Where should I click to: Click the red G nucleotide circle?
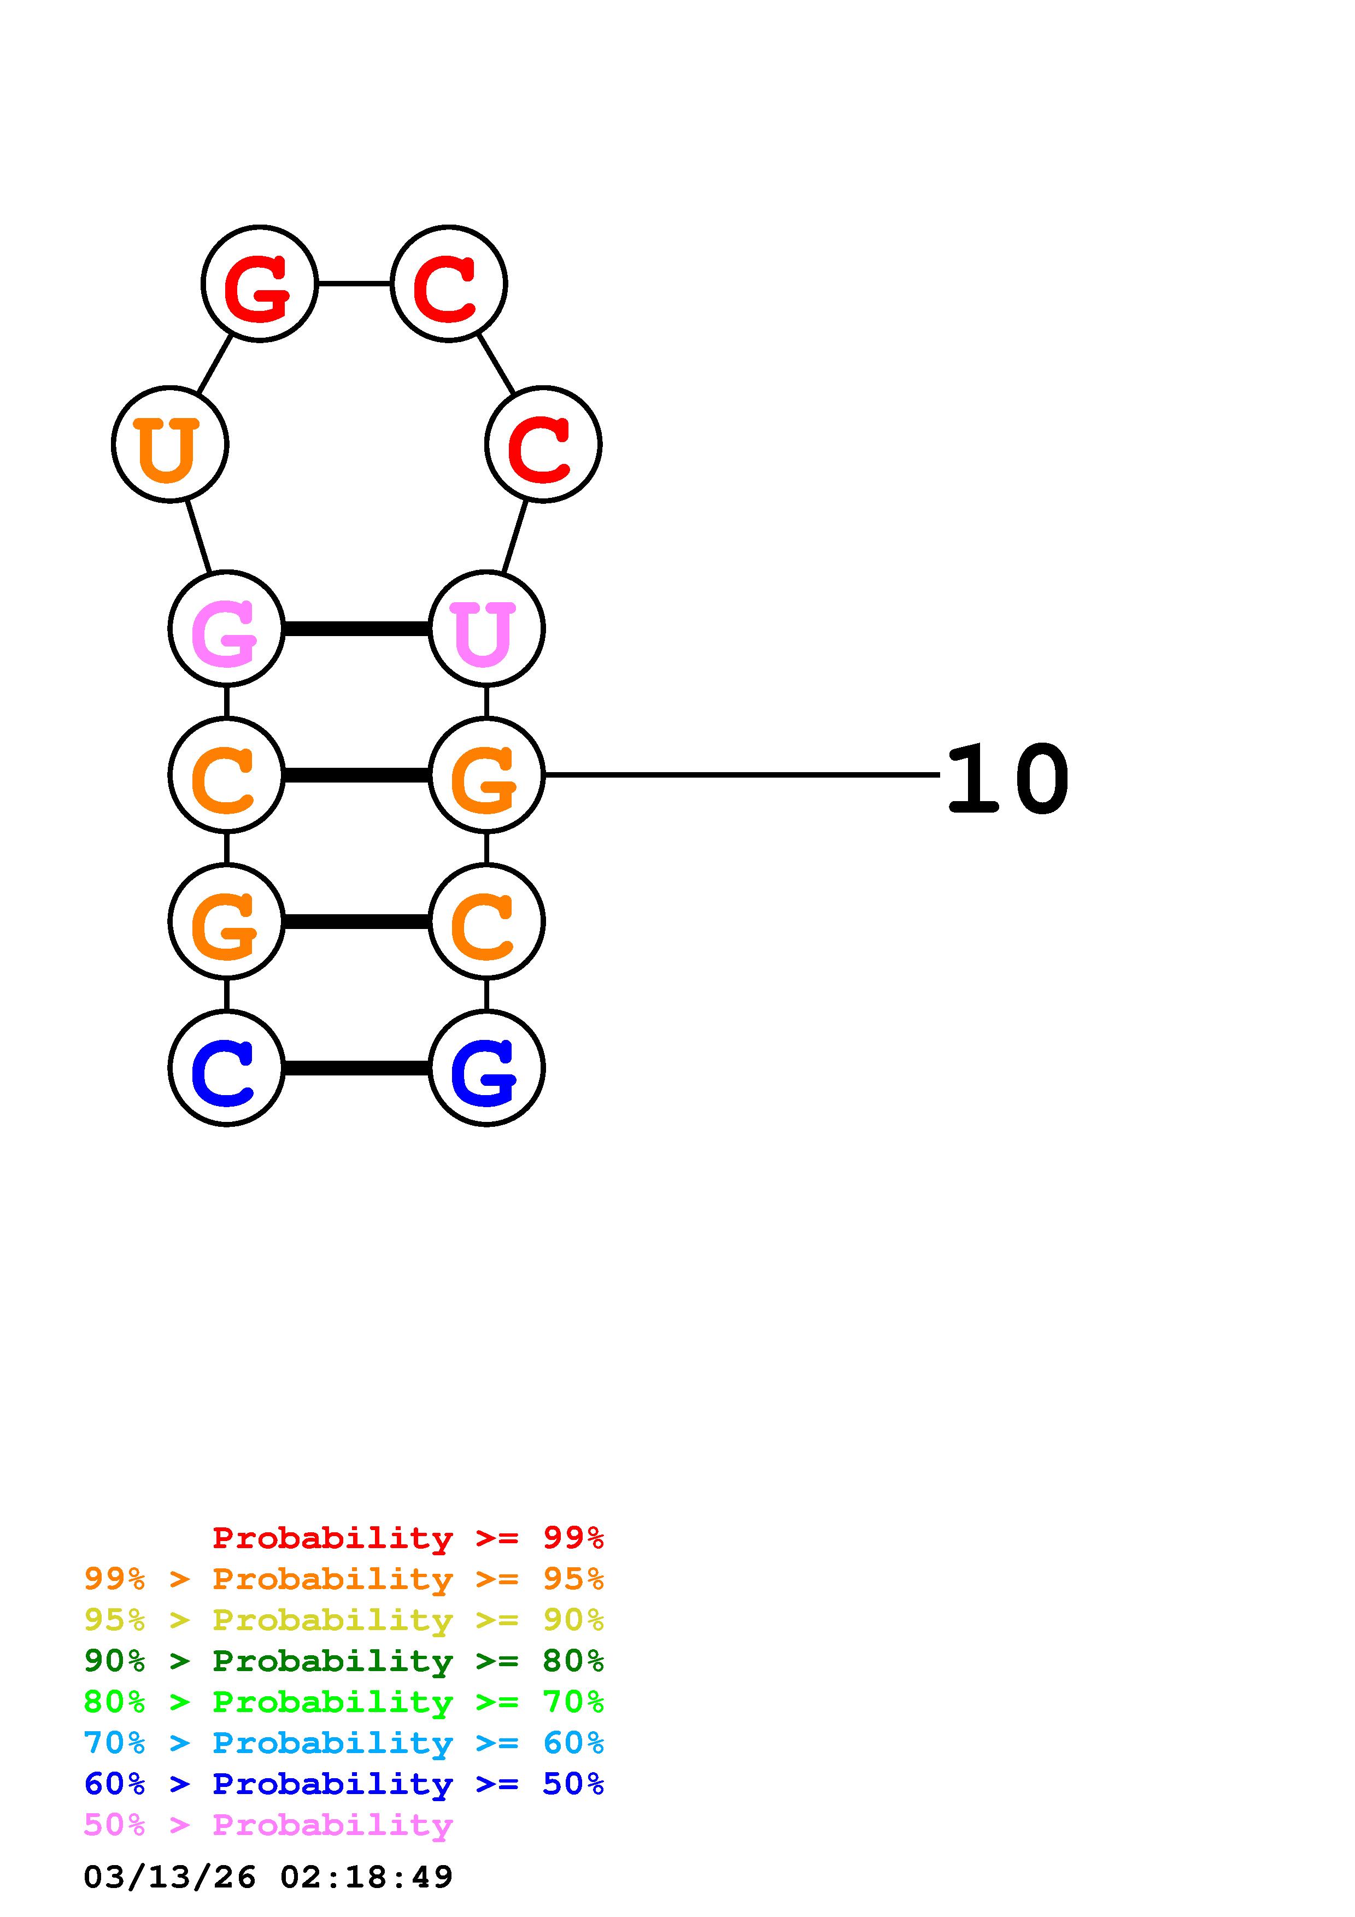coord(260,284)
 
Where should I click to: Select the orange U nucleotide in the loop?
coord(169,444)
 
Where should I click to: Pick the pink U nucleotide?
coord(486,628)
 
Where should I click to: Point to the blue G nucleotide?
coord(486,1068)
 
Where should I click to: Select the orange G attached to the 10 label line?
coord(486,775)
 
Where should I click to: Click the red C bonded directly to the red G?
coord(448,284)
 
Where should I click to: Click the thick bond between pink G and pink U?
coord(356,628)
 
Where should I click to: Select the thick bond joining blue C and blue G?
coord(356,1068)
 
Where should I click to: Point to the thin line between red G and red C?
coord(354,284)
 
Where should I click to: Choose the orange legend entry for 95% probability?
coord(343,1579)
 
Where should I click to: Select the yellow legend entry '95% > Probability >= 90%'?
coord(343,1620)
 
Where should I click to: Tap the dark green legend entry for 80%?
coord(343,1661)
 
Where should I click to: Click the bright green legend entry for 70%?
coord(343,1702)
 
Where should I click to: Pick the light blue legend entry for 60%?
coord(343,1743)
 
